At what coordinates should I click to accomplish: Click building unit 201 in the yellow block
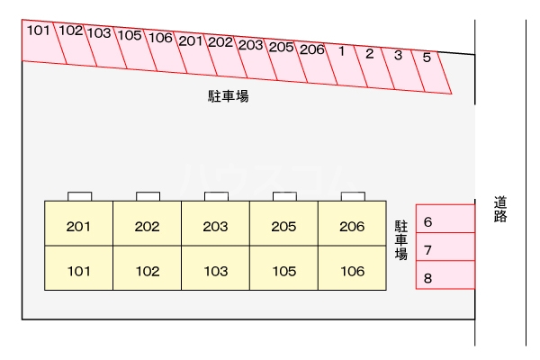tap(79, 227)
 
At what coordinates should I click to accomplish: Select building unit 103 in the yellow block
tap(215, 270)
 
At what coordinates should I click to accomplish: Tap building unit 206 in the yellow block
tap(352, 227)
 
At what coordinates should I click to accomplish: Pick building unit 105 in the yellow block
tap(283, 270)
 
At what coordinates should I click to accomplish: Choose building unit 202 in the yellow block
tap(148, 227)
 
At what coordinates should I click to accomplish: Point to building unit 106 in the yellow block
tap(352, 270)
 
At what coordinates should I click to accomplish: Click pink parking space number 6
tap(445, 220)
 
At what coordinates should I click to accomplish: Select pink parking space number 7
tap(445, 248)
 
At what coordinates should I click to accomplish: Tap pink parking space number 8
tap(445, 276)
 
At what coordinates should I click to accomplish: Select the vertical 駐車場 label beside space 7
tap(401, 240)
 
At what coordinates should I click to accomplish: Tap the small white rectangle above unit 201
tap(79, 196)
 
